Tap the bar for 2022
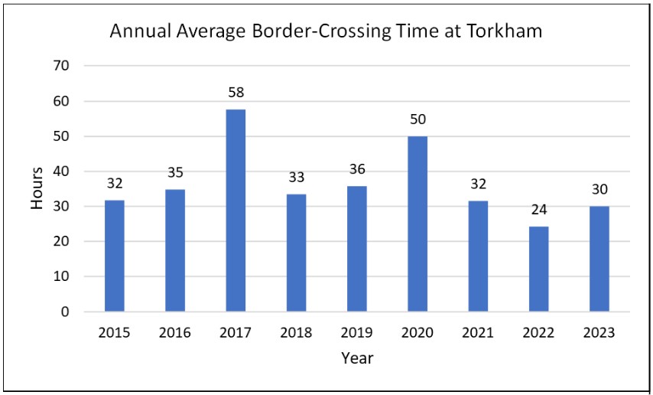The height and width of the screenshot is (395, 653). (x=538, y=269)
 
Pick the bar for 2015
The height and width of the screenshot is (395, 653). (x=114, y=256)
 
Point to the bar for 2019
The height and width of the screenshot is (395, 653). (x=356, y=249)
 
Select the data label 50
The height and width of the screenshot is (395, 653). (x=417, y=119)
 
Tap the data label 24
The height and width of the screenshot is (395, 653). (x=538, y=211)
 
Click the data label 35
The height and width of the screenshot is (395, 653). (x=174, y=173)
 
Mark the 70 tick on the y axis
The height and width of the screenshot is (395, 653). (x=62, y=67)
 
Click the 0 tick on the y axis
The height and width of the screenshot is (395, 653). (x=66, y=312)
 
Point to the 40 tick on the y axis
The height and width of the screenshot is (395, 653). (x=62, y=171)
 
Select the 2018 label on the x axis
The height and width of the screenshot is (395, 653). (x=296, y=333)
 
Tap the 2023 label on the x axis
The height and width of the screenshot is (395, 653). (x=598, y=333)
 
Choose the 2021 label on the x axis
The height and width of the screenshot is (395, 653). (x=477, y=333)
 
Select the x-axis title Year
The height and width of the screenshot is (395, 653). (x=356, y=357)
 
